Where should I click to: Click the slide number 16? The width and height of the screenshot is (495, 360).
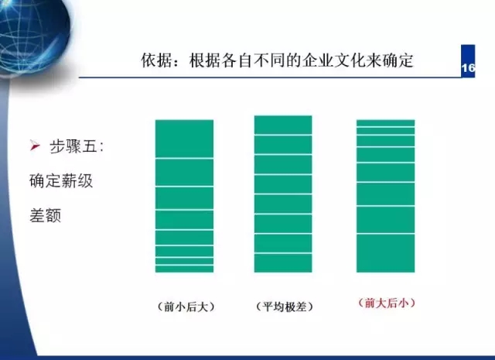tap(468, 68)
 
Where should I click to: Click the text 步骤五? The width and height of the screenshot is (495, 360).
tap(73, 146)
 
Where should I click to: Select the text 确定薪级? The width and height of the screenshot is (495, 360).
tap(61, 181)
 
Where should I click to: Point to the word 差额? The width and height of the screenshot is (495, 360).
tap(45, 215)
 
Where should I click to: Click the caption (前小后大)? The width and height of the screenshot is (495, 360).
tap(186, 307)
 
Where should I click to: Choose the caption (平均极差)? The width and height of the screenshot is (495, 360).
tap(284, 307)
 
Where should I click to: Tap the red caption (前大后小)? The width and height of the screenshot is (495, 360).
tap(386, 303)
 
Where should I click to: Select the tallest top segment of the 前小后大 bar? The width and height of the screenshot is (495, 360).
tap(184, 139)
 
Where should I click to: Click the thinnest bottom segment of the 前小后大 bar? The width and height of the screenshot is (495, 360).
tap(184, 269)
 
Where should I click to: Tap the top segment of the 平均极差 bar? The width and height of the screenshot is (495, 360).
tap(283, 125)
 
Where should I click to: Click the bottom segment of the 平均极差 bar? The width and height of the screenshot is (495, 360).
tap(283, 263)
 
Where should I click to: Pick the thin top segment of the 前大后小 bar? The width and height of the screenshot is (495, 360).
tap(385, 123)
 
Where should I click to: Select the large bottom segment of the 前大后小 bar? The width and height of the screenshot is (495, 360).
tap(385, 253)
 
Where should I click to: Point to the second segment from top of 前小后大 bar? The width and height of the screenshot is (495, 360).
tap(184, 173)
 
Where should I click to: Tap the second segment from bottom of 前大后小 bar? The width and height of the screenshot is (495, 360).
tap(385, 220)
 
